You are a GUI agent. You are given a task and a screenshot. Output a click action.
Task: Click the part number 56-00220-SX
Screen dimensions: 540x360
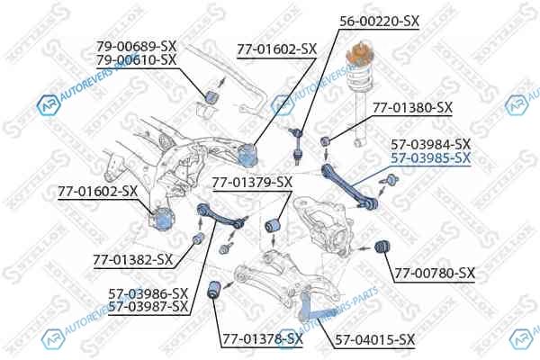(x=379, y=22)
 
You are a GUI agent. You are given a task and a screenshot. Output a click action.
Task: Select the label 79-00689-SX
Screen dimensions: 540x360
(x=136, y=46)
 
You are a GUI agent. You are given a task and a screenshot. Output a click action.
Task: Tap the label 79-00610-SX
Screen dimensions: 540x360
(x=136, y=60)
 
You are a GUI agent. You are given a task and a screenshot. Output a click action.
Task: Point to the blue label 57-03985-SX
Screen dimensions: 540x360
(x=430, y=158)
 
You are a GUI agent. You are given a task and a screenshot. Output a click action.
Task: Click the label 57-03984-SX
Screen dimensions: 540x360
(x=430, y=144)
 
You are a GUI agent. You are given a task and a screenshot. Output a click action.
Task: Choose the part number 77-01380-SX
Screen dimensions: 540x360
(x=412, y=108)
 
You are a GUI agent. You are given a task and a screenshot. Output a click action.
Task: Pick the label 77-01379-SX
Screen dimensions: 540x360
(x=252, y=182)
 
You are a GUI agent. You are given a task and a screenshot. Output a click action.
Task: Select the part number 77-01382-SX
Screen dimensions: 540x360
(x=132, y=260)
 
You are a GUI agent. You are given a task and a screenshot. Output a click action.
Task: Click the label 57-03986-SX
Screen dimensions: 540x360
(x=148, y=294)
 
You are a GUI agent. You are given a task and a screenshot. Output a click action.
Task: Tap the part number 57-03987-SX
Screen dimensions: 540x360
(x=148, y=307)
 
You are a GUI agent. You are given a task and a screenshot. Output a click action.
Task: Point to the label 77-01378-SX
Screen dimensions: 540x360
(x=263, y=339)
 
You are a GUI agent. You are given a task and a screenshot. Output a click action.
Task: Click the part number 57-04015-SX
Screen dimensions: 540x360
(x=375, y=340)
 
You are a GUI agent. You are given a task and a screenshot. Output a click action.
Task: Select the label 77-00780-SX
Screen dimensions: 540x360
(x=435, y=274)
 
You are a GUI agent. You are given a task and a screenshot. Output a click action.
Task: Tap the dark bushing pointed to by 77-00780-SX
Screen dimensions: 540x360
(x=382, y=247)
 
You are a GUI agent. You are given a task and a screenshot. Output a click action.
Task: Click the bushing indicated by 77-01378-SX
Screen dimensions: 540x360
(x=215, y=290)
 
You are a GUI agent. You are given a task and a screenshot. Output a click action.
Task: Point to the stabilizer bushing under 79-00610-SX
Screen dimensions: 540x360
(x=211, y=96)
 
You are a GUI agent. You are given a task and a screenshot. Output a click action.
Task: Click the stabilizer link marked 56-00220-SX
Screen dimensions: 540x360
(x=297, y=144)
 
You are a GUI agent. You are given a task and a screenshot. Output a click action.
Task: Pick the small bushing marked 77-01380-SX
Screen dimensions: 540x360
(x=326, y=140)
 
